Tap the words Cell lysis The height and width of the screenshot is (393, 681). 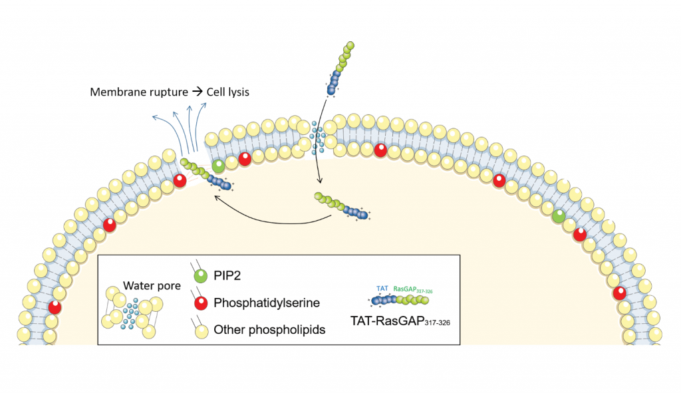coord(227,92)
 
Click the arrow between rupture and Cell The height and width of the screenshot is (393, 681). coord(197,92)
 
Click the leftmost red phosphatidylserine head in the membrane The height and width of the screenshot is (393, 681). coord(55,307)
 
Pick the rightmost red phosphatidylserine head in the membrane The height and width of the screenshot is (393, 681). coord(620,293)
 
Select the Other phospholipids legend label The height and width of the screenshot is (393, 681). coord(269,329)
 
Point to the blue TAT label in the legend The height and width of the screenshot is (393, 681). coord(382,289)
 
